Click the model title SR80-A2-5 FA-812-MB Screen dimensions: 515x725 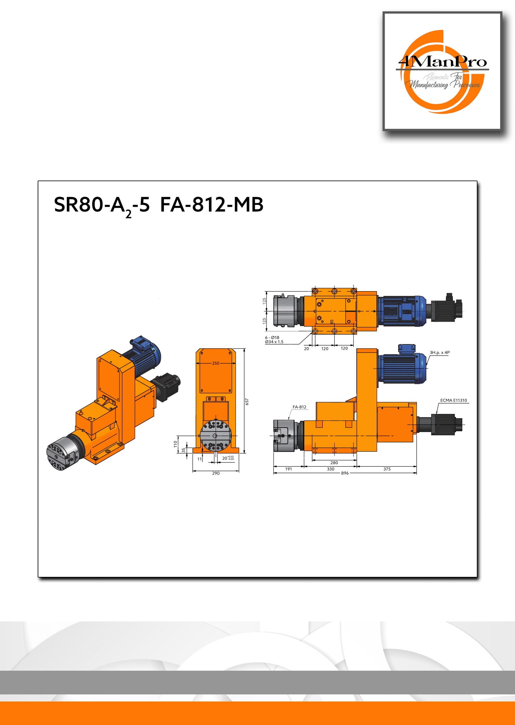(158, 206)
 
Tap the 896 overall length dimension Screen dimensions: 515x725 (345, 473)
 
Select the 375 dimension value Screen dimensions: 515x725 (387, 469)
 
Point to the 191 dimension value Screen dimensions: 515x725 (288, 469)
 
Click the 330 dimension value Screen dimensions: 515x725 (330, 469)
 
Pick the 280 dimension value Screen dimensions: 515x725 (334, 463)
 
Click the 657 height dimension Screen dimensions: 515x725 (247, 402)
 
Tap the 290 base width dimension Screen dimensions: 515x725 (216, 474)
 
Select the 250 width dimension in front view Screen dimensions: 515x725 (216, 363)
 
